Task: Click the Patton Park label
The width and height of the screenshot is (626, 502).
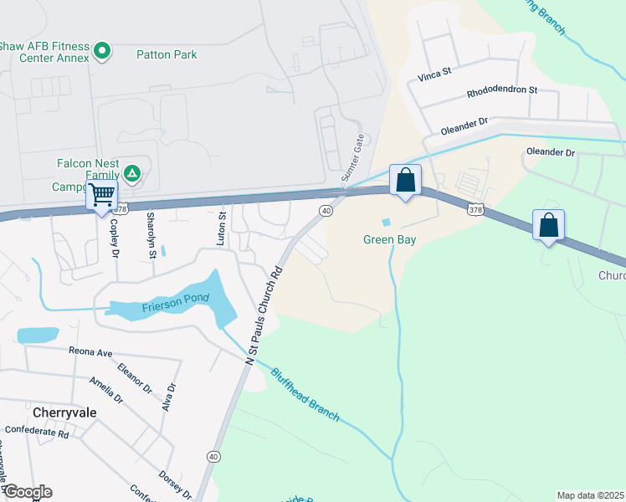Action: click(167, 55)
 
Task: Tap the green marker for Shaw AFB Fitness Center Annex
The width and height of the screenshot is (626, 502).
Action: click(102, 52)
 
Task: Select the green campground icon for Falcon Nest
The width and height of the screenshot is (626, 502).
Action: click(131, 173)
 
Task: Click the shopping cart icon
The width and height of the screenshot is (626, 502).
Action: click(103, 196)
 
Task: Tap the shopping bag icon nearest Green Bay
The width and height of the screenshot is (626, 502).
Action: click(405, 180)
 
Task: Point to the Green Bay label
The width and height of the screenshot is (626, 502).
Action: click(389, 239)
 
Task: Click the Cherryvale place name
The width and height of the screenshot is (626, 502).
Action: click(64, 412)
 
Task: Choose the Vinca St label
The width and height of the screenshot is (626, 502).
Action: click(434, 74)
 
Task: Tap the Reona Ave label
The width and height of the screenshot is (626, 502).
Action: click(90, 352)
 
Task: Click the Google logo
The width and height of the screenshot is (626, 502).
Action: click(27, 492)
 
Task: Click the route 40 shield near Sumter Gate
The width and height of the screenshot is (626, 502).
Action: click(326, 211)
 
